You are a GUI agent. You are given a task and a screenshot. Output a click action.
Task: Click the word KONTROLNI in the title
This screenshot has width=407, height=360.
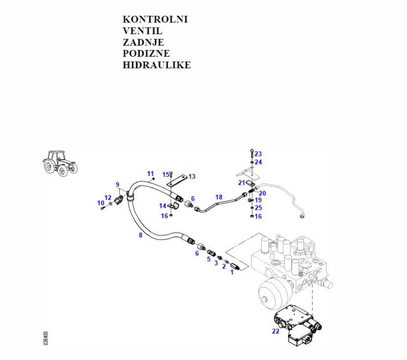point(155,19)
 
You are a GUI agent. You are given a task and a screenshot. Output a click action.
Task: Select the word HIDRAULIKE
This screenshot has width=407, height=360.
point(156,65)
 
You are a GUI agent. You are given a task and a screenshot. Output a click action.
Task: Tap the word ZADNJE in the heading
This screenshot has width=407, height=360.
point(143,42)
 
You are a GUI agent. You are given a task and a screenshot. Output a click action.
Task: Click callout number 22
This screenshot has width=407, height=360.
point(275,331)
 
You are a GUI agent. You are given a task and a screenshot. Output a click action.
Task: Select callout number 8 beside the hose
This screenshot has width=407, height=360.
point(140,235)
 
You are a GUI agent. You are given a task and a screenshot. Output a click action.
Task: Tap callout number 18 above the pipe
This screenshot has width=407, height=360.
point(219,197)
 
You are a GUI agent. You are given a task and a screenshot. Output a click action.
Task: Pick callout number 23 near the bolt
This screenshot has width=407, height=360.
point(258,154)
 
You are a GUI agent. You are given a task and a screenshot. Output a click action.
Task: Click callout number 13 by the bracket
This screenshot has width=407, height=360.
point(192,176)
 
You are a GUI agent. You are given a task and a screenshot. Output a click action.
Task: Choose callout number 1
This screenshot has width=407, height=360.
point(232,272)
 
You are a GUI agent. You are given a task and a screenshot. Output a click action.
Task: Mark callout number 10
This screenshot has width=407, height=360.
point(101,203)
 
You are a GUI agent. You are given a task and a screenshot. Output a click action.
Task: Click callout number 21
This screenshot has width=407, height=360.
point(241,183)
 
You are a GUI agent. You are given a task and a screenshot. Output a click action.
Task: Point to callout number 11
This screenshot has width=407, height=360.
point(151,173)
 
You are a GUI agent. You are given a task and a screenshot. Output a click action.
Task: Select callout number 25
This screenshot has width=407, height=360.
point(258,208)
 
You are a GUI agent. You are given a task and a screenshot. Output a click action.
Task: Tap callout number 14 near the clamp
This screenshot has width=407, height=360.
point(163,206)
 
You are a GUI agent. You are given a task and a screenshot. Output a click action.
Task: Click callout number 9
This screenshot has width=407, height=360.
point(118,185)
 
